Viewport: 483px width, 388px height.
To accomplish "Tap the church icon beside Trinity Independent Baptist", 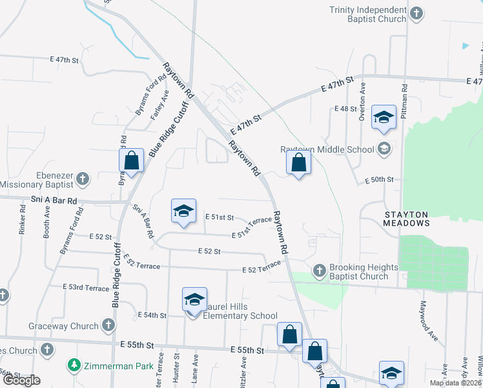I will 417,13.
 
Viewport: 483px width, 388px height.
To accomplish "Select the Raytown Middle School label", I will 327,150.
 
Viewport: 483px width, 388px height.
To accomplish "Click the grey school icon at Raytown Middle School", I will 384,149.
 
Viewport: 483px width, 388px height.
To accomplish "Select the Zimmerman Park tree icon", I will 76,366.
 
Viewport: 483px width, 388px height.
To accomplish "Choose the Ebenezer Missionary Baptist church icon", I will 82,178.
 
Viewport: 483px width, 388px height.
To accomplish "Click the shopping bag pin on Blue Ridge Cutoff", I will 131,160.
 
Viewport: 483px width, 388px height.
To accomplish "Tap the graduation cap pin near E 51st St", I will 183,211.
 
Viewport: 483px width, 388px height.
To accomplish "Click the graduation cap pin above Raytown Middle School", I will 384,118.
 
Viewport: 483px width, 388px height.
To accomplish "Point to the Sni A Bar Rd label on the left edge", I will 54,201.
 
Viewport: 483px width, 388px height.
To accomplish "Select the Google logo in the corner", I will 22,380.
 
